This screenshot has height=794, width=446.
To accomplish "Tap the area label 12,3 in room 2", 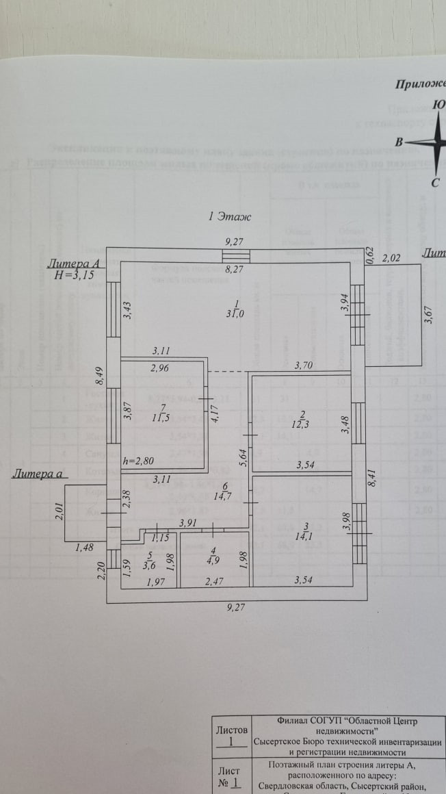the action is (302, 426).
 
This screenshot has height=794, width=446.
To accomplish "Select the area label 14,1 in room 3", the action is (301, 536).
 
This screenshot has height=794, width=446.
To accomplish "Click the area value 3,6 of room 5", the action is (150, 565).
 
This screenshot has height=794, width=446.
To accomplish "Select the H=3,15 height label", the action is (75, 274).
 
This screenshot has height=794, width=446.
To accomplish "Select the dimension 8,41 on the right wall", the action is (372, 474).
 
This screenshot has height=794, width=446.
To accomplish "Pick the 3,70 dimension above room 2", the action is (302, 366).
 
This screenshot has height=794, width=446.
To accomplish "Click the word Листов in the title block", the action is (231, 730).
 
